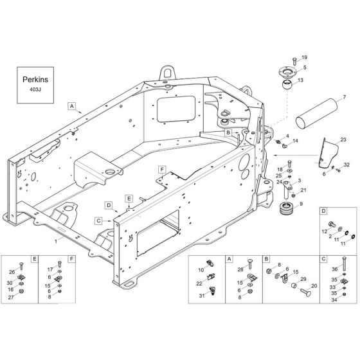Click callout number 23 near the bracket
pyautogui.click(x=343, y=139)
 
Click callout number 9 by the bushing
pyautogui.click(x=301, y=204)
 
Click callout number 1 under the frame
pyautogui.click(x=56, y=240)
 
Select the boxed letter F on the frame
pyautogui.click(x=163, y=170)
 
